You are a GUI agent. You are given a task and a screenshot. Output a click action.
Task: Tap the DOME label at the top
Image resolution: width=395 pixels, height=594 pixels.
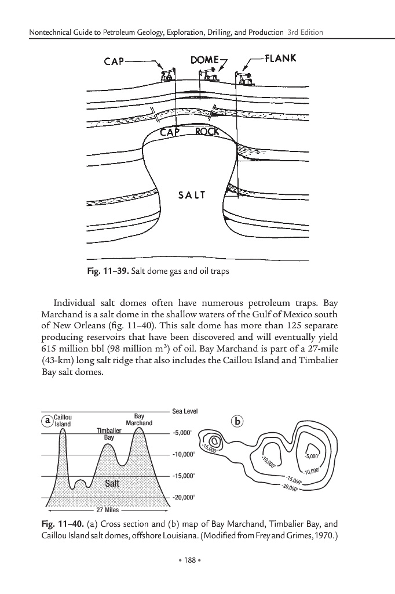pos(204,59)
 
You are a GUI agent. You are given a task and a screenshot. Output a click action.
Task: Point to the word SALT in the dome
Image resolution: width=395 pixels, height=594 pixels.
pos(191,195)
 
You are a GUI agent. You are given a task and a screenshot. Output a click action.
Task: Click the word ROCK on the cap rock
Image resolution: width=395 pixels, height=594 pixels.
pos(207,132)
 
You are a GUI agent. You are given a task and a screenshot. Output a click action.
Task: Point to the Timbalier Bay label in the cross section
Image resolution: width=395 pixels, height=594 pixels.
pos(108,433)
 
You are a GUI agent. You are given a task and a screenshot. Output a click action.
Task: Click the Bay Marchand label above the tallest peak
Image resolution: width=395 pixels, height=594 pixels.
pos(139,419)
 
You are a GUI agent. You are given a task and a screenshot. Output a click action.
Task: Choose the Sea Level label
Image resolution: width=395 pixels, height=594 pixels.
pos(185,411)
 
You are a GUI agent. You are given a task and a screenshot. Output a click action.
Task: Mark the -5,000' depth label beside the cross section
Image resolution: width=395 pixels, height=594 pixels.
pos(184,433)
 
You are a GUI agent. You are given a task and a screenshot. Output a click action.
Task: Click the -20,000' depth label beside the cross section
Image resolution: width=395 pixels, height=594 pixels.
pos(185,498)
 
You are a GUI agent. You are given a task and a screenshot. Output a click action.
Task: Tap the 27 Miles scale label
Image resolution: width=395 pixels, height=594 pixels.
pos(108,510)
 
